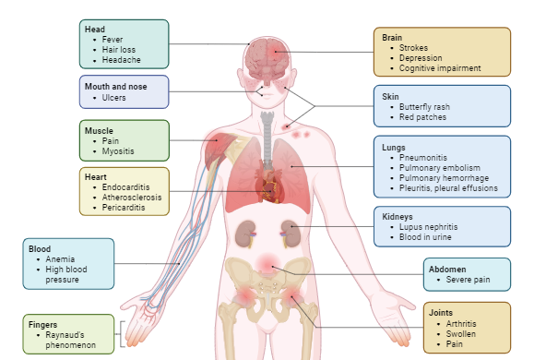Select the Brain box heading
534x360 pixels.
click(x=393, y=37)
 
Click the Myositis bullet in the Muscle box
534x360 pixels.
click(x=117, y=151)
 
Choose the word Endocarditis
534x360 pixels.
click(x=125, y=187)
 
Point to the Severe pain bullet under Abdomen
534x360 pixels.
click(x=468, y=279)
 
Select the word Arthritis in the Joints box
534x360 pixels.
click(x=464, y=324)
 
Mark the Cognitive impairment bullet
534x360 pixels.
click(x=441, y=67)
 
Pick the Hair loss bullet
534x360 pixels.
click(x=117, y=51)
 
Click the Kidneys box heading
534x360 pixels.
click(x=399, y=216)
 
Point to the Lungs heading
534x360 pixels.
click(x=395, y=147)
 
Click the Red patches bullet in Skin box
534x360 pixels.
click(x=423, y=117)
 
